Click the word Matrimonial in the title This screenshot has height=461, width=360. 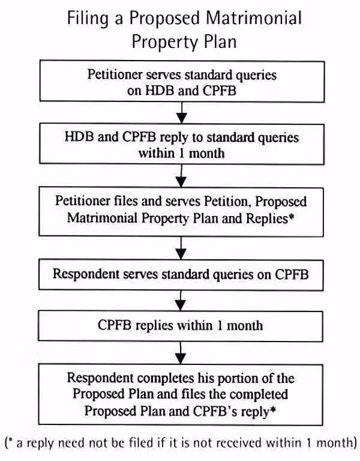tap(254, 17)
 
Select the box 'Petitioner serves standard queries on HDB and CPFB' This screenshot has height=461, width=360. tap(182, 82)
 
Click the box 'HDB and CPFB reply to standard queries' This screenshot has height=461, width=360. tap(182, 144)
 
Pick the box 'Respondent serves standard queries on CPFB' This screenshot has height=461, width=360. tap(181, 275)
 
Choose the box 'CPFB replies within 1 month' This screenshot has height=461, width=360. tap(181, 326)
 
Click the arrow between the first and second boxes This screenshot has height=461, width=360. tap(182, 113)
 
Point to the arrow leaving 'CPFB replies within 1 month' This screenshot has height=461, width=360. tap(181, 353)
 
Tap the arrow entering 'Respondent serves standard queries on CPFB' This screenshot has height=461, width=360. tap(181, 248)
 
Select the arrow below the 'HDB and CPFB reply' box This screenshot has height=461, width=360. tap(182, 176)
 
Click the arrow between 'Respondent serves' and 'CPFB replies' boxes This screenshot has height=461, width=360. tap(181, 301)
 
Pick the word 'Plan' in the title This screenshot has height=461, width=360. tap(220, 42)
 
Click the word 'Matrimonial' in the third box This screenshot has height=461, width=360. tap(103, 218)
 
